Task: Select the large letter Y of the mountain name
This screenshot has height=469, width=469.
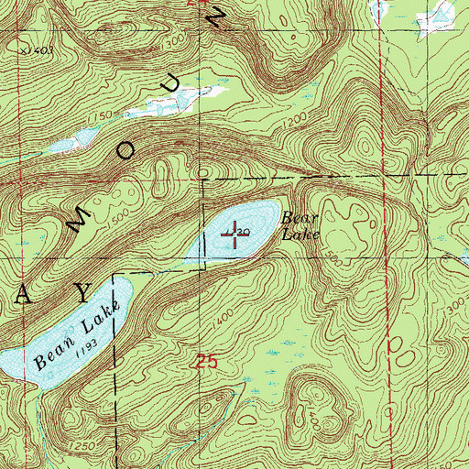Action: (x=83, y=292)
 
